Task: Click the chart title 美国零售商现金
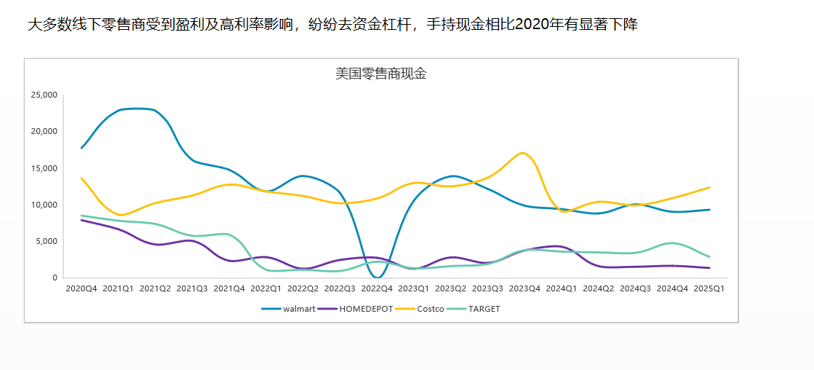coord(380,74)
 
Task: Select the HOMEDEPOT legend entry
coord(366,309)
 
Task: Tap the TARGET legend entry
coord(484,309)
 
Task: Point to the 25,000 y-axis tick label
coord(44,95)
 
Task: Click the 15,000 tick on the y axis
coord(44,168)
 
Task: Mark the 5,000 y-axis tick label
coord(47,241)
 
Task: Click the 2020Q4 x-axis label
coord(81,289)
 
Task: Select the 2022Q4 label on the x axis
coord(376,289)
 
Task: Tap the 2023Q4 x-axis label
coord(524,289)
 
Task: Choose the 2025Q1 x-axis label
coord(709,289)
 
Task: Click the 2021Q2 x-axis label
coord(154,289)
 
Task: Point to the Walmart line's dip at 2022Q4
coord(377,277)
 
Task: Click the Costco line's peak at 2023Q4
coord(522,153)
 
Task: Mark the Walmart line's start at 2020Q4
coord(81,148)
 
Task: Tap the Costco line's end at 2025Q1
coord(709,187)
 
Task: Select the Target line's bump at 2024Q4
coord(672,243)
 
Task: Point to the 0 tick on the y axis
coord(54,277)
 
